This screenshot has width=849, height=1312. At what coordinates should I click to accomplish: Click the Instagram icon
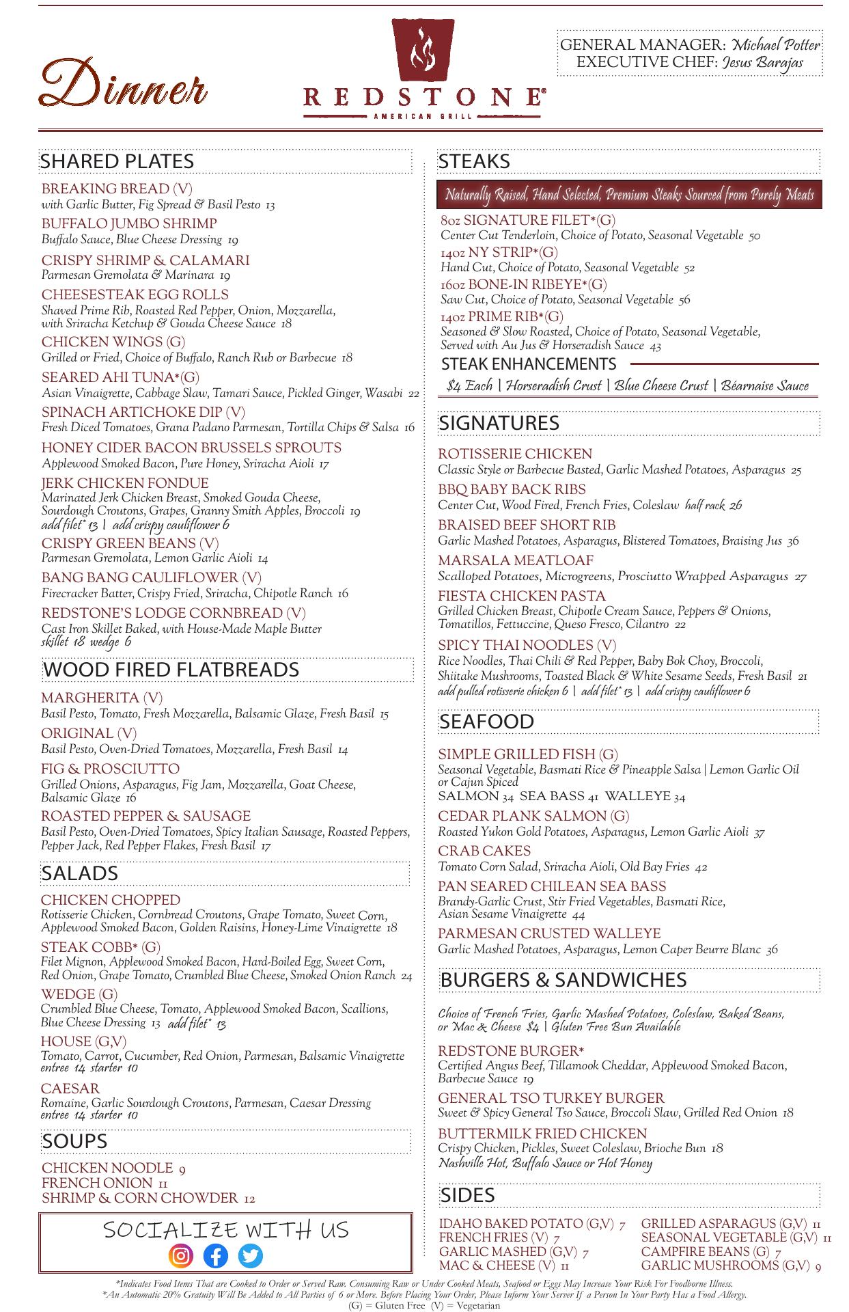pos(181,1256)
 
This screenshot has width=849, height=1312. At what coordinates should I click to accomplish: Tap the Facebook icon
pos(216,1256)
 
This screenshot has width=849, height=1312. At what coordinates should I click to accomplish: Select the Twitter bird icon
pos(251,1256)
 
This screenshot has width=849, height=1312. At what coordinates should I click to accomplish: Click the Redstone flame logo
pos(423,51)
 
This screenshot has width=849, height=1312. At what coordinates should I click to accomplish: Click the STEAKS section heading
pos(474,161)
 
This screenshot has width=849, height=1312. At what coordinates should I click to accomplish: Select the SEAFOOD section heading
pos(486,722)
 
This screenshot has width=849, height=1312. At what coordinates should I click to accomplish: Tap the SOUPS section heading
pos(74,1140)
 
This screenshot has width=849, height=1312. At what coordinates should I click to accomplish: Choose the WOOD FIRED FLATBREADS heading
pos(171,669)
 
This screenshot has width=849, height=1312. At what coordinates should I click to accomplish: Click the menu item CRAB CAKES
pos(484,851)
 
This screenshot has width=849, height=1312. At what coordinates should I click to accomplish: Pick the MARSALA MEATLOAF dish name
pos(516,560)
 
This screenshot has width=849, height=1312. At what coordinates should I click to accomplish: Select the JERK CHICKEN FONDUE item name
pos(125,483)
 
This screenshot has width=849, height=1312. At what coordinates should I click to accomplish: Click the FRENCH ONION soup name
pos(97,1183)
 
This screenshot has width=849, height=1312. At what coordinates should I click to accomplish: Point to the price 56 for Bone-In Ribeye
pos(684,300)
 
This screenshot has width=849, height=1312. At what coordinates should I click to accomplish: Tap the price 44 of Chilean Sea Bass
pos(579,915)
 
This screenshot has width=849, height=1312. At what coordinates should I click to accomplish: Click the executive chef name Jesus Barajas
pos(762,62)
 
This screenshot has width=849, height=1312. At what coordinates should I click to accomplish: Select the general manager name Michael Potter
pos(776,45)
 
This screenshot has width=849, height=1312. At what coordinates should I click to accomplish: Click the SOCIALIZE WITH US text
pos(225,1229)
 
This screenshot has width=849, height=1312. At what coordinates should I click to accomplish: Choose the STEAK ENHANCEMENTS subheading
pos(529,364)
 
